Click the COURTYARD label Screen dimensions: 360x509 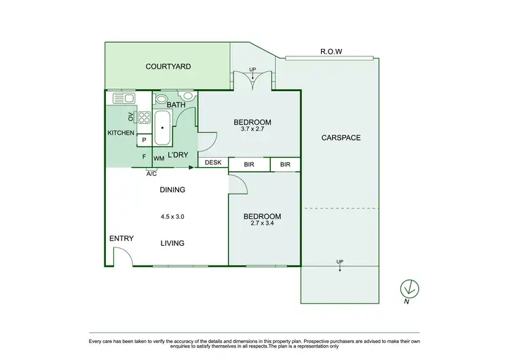click(168, 67)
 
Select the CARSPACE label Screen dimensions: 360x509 click(341, 138)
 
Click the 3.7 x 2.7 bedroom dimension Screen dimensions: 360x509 click(252, 131)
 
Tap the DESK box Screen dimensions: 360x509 click(213, 163)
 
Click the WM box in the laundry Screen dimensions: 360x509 click(159, 158)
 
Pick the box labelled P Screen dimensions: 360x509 click(144, 141)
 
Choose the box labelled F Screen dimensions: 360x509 click(144, 157)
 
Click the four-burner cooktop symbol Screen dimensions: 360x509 click(144, 116)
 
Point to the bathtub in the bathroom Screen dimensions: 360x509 click(162, 128)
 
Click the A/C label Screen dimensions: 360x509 click(152, 174)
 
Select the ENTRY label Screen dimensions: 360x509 click(121, 238)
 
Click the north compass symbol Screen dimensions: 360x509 click(409, 288)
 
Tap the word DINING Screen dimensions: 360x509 click(172, 190)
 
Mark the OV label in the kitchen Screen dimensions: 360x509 click(131, 116)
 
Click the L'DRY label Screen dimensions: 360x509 click(178, 156)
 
